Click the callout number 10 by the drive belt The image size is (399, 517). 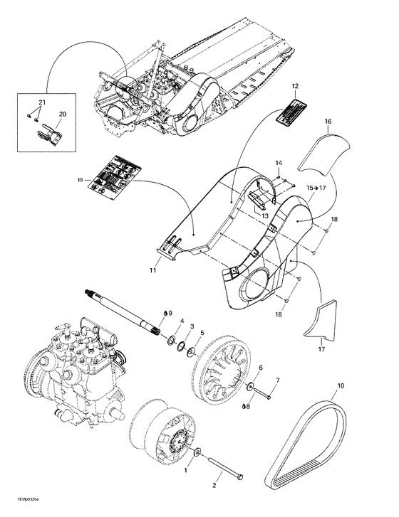coord(341,386)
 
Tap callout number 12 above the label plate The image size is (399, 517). coord(294,85)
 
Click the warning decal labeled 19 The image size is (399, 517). coord(111,175)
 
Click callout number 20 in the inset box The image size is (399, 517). coord(62,114)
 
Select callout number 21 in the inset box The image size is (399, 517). coord(42,104)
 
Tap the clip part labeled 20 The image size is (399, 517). coord(46,132)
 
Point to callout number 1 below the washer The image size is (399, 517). coord(187,470)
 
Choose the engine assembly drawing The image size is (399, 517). coord(75,370)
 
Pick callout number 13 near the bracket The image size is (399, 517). coord(264,216)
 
